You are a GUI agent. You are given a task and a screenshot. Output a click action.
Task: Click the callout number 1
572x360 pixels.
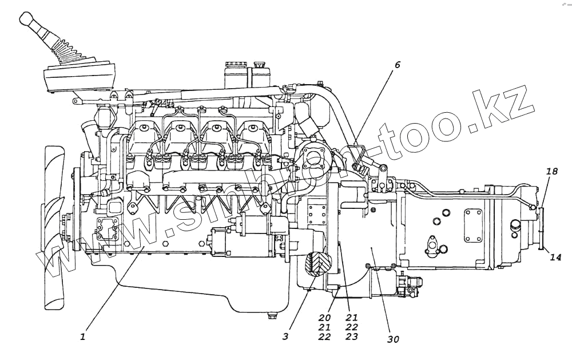[x=82, y=337]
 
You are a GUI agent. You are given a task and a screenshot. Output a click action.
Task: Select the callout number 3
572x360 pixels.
[x=285, y=336]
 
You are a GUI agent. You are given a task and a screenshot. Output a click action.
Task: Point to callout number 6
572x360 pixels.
[x=397, y=65]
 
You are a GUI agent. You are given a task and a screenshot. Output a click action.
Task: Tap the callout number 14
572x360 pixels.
[x=555, y=257]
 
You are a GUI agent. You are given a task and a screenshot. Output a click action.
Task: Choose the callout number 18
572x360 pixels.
[x=551, y=172]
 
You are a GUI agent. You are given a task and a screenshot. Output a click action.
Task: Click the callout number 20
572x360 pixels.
[x=325, y=317]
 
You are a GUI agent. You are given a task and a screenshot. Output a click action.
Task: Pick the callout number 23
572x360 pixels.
[x=351, y=337]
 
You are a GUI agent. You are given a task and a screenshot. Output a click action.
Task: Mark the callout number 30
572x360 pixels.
[x=392, y=339]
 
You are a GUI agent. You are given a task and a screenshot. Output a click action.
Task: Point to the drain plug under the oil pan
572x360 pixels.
[x=272, y=315]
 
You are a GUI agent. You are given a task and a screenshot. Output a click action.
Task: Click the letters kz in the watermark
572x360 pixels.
[x=503, y=109]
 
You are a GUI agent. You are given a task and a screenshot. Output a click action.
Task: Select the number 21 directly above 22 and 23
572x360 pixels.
[x=351, y=317]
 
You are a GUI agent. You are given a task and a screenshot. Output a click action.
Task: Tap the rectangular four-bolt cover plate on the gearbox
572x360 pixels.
[x=473, y=226]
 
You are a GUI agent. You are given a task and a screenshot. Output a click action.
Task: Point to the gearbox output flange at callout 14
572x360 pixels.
[x=541, y=229]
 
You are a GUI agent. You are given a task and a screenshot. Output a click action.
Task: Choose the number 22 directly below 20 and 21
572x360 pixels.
[x=325, y=337]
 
